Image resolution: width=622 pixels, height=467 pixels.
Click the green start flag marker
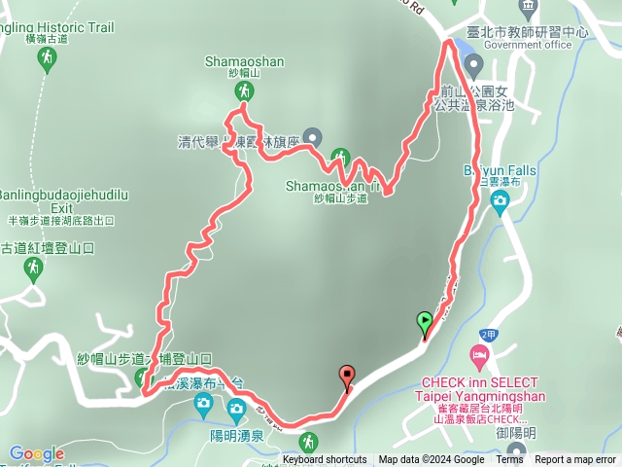coord(425,322)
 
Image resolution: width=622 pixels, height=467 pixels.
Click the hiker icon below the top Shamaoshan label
coord(244,90)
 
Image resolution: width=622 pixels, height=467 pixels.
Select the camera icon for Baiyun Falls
coord(500,203)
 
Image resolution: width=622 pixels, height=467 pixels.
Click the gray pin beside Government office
coord(474,66)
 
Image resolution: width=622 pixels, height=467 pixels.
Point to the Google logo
coord(37,453)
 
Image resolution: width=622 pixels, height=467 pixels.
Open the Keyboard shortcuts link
coord(325,460)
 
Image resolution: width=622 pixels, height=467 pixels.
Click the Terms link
coord(509,460)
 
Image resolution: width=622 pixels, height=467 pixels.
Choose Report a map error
coord(576,460)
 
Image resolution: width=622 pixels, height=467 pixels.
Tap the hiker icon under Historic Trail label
coord(46,60)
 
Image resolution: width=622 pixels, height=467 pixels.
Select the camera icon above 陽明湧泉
coord(205,404)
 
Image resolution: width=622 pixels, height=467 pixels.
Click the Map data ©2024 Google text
coord(432,460)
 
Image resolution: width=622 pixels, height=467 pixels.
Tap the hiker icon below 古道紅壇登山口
coord(34,267)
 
